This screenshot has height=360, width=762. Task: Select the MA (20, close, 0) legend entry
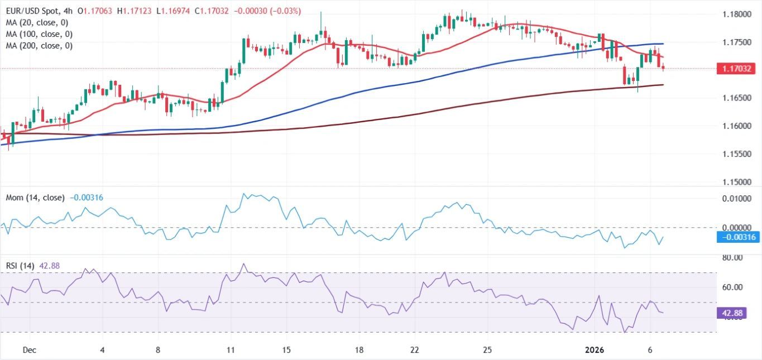click(x=37, y=22)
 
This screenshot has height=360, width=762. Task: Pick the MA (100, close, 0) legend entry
click(x=39, y=34)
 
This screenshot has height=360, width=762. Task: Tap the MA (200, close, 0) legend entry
click(x=39, y=46)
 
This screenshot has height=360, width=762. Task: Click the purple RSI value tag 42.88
click(x=729, y=314)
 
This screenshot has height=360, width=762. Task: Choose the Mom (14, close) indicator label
click(x=35, y=198)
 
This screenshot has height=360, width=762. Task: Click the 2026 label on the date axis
click(x=595, y=350)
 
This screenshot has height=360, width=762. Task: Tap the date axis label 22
click(x=414, y=350)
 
